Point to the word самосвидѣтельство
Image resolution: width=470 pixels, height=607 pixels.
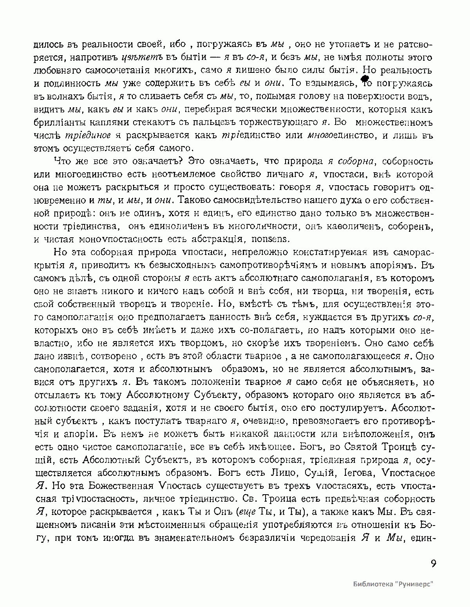[223, 200]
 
